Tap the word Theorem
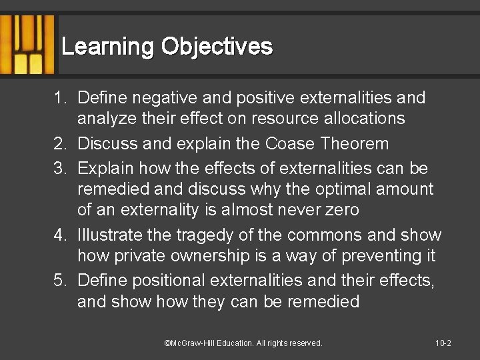[357, 143]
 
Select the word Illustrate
[110, 235]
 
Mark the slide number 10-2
[443, 343]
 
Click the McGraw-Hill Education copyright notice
[243, 343]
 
